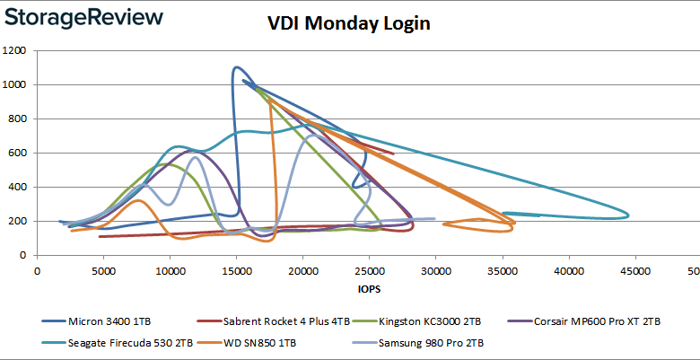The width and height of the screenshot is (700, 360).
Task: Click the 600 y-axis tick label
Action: (x=19, y=154)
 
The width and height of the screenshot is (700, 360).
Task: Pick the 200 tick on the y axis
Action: (x=19, y=222)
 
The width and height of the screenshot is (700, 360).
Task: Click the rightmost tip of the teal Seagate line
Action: (x=628, y=215)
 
